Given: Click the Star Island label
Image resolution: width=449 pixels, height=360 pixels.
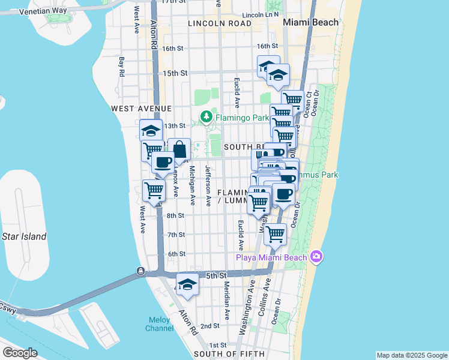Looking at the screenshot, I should pos(24,236).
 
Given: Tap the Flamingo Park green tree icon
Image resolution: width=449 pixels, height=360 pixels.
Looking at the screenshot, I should pos(206,117).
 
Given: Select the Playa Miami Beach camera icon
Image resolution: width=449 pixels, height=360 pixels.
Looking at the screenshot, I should pos(316,257).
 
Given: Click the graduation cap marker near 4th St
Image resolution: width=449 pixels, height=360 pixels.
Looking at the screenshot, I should pos(187,285).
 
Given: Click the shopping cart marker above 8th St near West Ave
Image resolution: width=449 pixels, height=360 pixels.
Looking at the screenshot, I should pos(154,191).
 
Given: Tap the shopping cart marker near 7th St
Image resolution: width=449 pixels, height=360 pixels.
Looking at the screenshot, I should pos(275,234).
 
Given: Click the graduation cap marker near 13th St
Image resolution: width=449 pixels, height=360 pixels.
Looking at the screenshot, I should pos(151,130).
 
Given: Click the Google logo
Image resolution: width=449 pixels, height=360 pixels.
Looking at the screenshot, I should pos(20,353).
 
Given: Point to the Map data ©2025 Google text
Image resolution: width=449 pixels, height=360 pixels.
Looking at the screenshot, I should pos(412,355).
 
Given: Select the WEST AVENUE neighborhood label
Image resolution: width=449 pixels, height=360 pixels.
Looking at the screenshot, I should pos(142,109).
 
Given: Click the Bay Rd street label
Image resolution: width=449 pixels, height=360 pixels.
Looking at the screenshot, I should pos(122,67).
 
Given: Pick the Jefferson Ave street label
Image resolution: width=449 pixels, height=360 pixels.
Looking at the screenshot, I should pos(208,186).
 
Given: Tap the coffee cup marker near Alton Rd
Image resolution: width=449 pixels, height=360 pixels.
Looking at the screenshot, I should pos(163,161).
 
